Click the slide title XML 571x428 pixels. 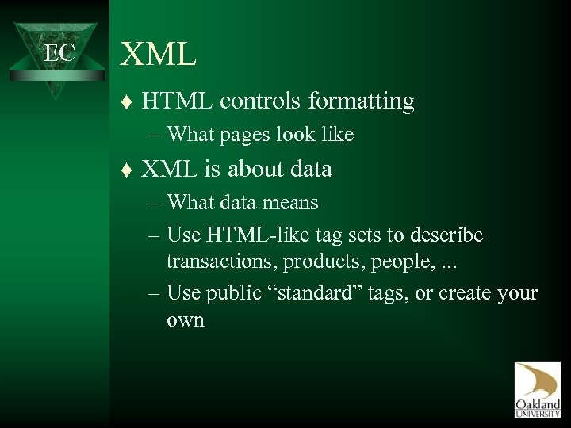click(x=157, y=54)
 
